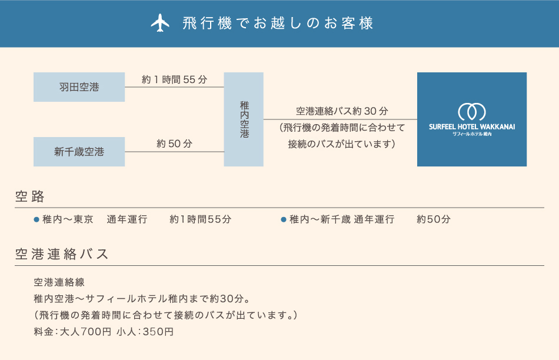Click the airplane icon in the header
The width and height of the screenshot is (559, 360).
pyautogui.click(x=160, y=23)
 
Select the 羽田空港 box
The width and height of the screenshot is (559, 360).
pyautogui.click(x=79, y=87)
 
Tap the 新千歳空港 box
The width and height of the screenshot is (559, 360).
pyautogui.click(x=79, y=152)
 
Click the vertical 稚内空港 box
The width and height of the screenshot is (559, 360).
pyautogui.click(x=244, y=119)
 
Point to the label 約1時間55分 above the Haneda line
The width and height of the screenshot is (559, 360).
pyautogui.click(x=174, y=79)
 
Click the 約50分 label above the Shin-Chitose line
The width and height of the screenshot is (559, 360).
pyautogui.click(x=174, y=144)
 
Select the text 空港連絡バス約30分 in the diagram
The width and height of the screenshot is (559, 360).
pyautogui.click(x=342, y=111)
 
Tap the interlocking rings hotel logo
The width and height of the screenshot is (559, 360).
pyautogui.click(x=472, y=112)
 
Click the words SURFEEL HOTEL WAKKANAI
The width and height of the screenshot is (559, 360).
pyautogui.click(x=472, y=127)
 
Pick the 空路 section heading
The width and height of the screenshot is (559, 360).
pyautogui.click(x=30, y=196)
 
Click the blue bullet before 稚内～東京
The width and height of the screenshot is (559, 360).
pyautogui.click(x=36, y=219)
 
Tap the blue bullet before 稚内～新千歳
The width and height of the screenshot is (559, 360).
pyautogui.click(x=284, y=219)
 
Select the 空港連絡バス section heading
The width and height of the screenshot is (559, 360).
pyautogui.click(x=61, y=254)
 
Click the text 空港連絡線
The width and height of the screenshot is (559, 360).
pyautogui.click(x=59, y=282)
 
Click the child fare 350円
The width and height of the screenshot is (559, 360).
pyautogui.click(x=158, y=332)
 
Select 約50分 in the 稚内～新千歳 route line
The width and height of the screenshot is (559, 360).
pyautogui.click(x=434, y=219)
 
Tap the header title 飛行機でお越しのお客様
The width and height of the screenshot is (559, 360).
pyautogui.click(x=278, y=23)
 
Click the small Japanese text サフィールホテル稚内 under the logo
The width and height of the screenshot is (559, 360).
pyautogui.click(x=472, y=134)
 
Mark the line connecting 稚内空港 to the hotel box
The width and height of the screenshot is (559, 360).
pyautogui.click(x=340, y=119)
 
